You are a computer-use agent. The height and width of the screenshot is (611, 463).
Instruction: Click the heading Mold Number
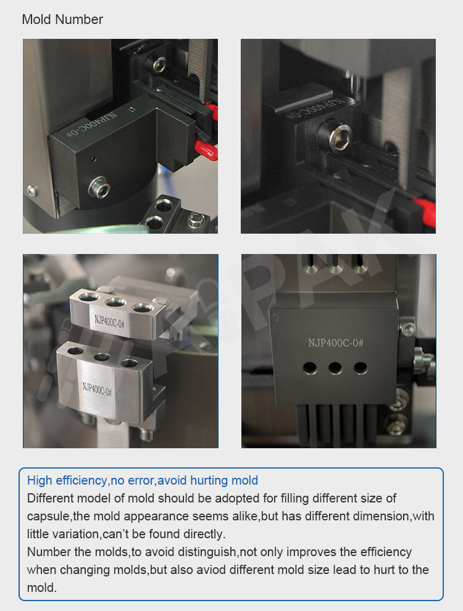click(x=62, y=19)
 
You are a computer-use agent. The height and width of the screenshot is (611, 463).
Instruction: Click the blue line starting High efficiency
click(x=143, y=480)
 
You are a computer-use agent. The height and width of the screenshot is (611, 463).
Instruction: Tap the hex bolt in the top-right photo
click(x=335, y=137)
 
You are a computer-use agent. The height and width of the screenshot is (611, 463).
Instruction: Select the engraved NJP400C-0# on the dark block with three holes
click(x=335, y=343)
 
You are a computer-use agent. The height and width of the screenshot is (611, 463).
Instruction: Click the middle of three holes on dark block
click(x=335, y=367)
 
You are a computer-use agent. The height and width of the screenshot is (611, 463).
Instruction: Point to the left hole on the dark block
click(x=310, y=368)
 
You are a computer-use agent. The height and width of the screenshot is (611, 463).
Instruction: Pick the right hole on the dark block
click(x=360, y=367)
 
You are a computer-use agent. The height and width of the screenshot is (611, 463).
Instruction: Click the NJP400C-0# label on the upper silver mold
click(x=110, y=321)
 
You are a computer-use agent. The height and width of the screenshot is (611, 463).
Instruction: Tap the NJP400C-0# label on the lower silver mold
click(x=97, y=389)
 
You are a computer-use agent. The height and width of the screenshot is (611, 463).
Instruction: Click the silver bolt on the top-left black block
click(x=99, y=187)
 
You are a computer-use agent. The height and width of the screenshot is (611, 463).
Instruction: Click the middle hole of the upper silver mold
click(x=115, y=302)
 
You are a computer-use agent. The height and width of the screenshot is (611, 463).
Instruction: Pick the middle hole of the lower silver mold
click(x=102, y=356)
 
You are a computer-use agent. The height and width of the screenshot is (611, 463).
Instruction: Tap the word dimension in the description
click(x=381, y=516)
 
